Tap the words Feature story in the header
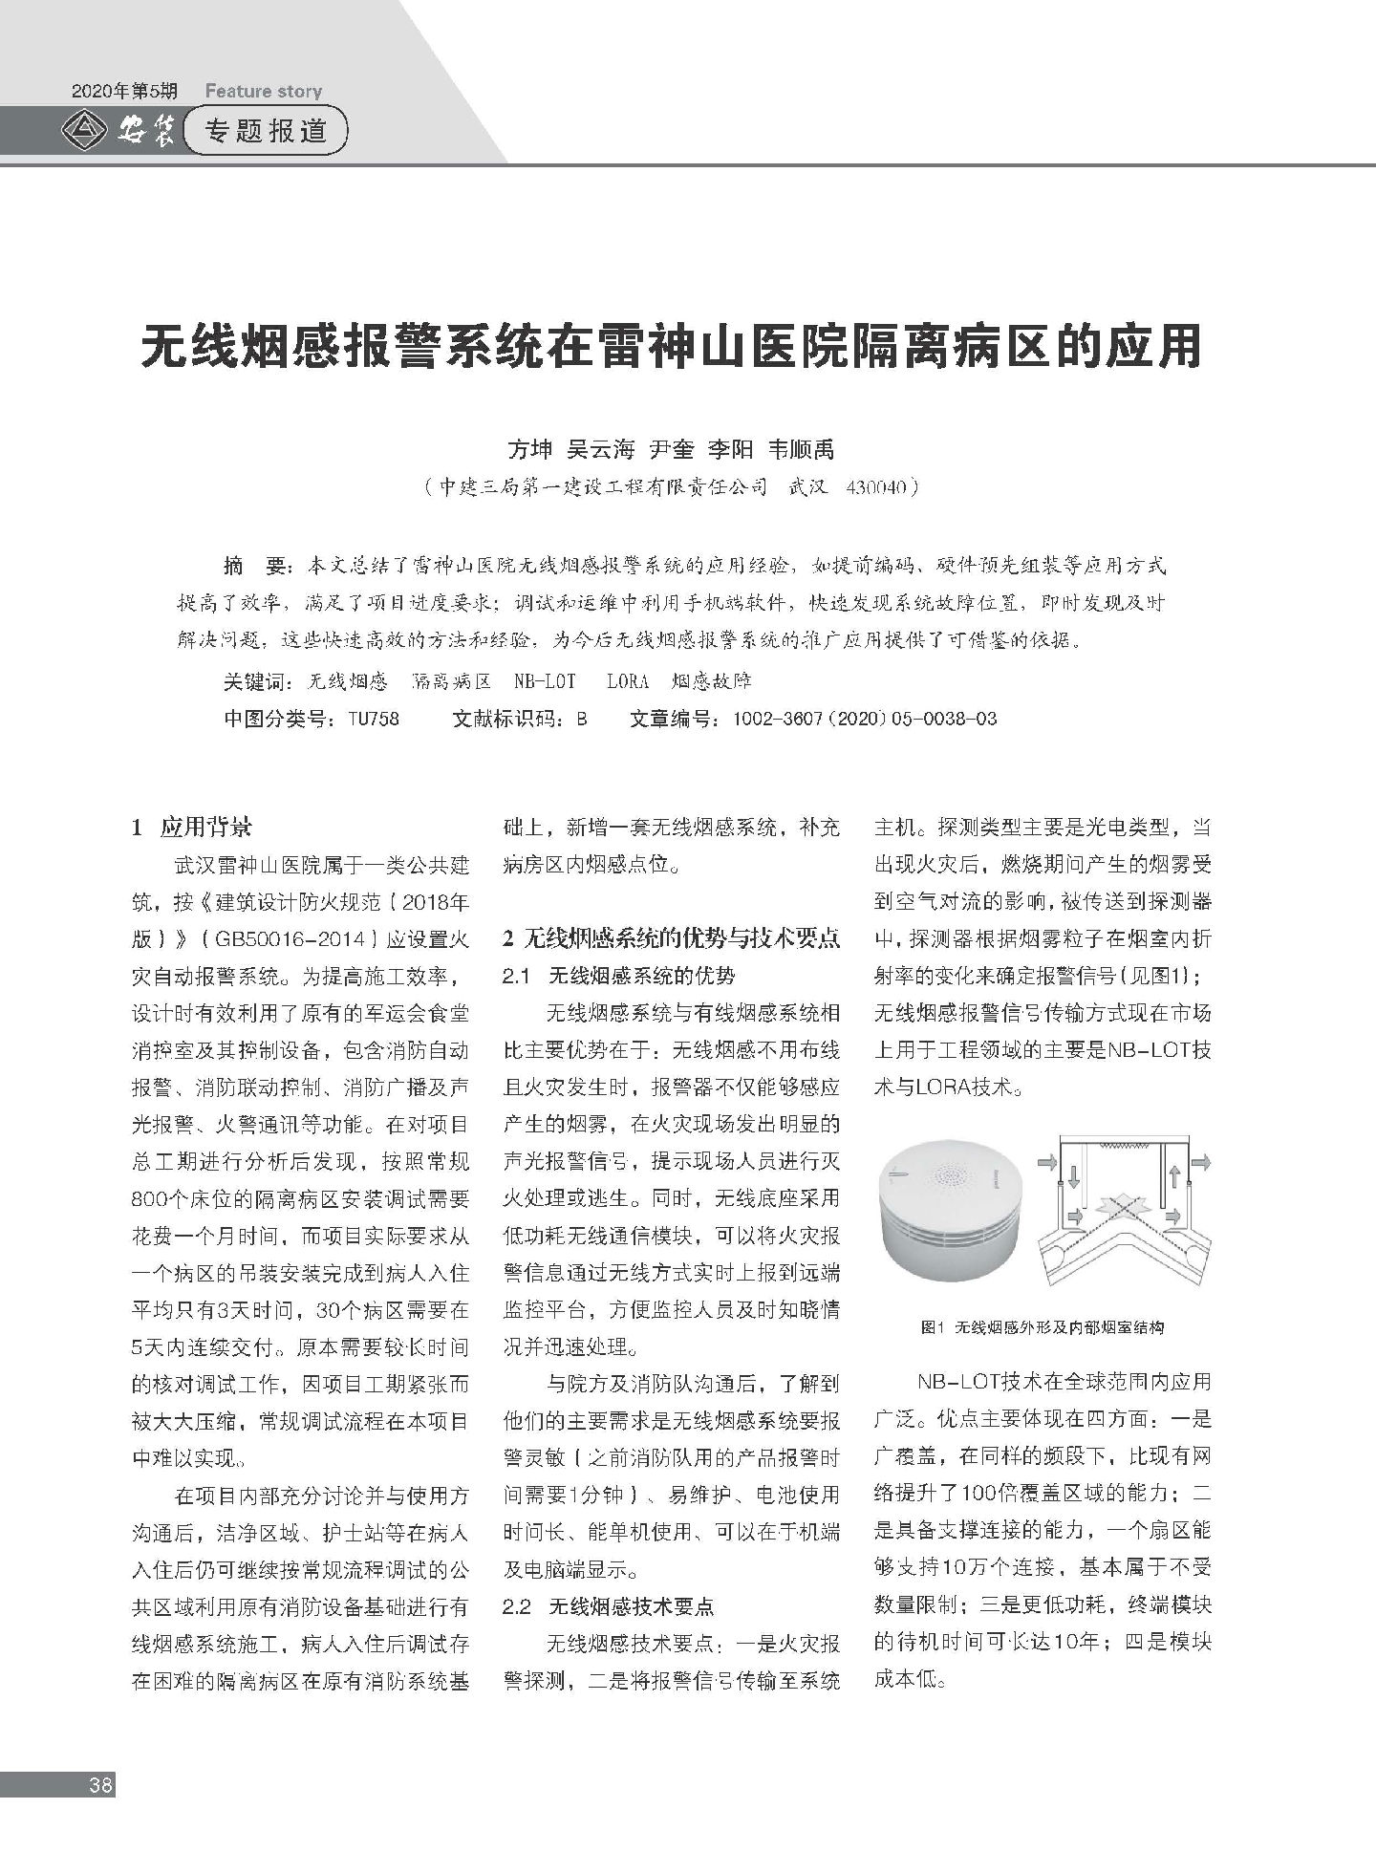click(264, 92)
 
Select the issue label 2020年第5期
click(124, 92)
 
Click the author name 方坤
click(530, 449)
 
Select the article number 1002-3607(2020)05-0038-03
click(864, 719)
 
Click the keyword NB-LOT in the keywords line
click(545, 681)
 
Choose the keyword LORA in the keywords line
click(627, 681)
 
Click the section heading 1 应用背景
click(192, 828)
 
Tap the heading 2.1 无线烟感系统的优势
click(619, 976)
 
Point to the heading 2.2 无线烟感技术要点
click(609, 1606)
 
